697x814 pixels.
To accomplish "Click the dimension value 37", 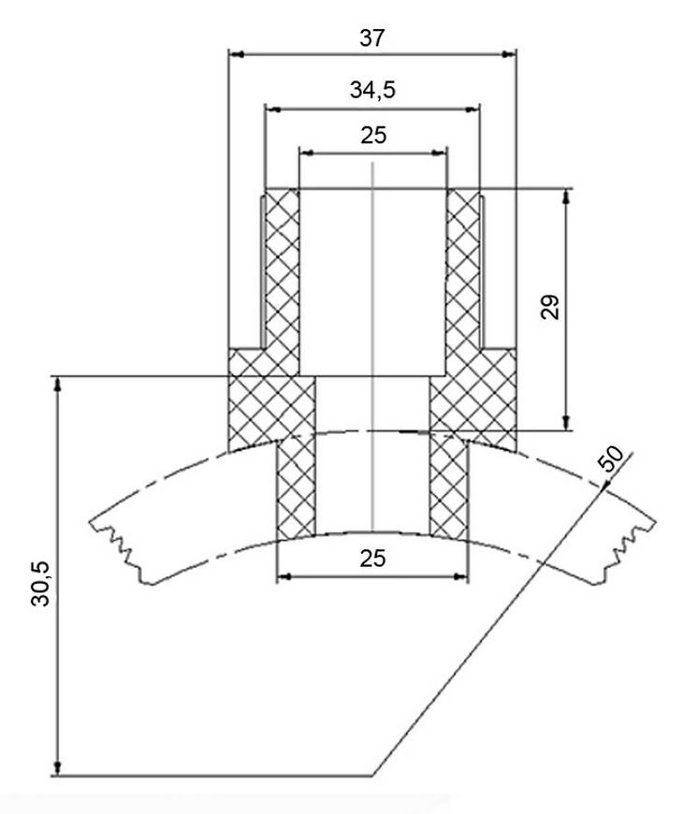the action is click(x=372, y=38).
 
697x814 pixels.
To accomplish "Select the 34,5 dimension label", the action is click(x=372, y=90).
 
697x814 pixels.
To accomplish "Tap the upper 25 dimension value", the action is click(x=373, y=135).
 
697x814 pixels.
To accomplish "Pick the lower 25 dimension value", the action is click(x=372, y=559).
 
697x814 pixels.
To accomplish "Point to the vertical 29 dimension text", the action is click(x=551, y=307).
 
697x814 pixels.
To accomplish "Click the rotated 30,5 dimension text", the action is click(x=40, y=584).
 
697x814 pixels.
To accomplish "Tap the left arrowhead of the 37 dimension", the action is click(x=237, y=53).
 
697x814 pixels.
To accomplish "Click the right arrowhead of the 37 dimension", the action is click(x=508, y=53).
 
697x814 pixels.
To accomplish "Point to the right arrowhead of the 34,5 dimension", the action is click(x=472, y=109).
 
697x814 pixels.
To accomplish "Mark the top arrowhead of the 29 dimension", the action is click(x=566, y=196).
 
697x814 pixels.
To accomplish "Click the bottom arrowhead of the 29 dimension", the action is click(x=566, y=423).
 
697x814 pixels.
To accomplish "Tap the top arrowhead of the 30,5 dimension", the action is click(x=58, y=385).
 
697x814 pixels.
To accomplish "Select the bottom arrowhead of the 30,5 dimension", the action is click(x=58, y=768).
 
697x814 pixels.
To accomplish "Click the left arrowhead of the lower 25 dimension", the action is click(x=284, y=576).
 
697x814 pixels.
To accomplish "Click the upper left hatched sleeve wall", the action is click(x=282, y=282).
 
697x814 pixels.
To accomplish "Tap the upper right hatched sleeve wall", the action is click(x=462, y=282).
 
